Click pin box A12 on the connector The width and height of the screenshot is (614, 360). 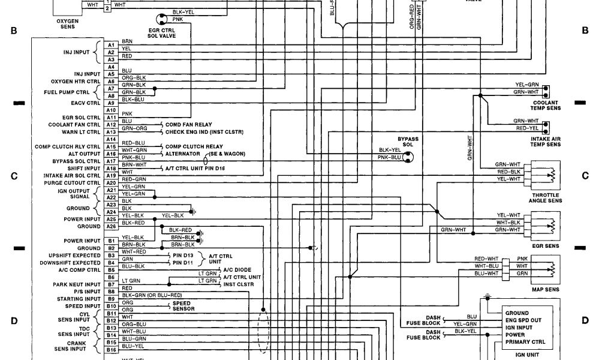pyautogui.click(x=111, y=125)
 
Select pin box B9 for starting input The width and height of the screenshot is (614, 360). pyautogui.click(x=111, y=299)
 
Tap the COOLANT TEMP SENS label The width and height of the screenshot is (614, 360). pyautogui.click(x=546, y=105)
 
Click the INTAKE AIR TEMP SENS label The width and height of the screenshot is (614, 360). pyautogui.click(x=546, y=142)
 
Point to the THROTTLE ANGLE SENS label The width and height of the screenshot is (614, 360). pyautogui.click(x=546, y=199)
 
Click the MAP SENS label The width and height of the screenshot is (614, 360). pyautogui.click(x=546, y=290)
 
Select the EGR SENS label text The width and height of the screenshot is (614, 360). pyautogui.click(x=546, y=246)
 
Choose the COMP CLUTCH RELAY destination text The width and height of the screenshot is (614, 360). pyautogui.click(x=194, y=146)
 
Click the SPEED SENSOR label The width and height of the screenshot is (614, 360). pyautogui.click(x=182, y=306)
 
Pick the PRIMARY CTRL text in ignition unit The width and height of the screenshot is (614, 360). pyautogui.click(x=525, y=342)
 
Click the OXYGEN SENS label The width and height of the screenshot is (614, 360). pyautogui.click(x=68, y=23)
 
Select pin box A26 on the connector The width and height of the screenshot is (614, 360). pyautogui.click(x=111, y=226)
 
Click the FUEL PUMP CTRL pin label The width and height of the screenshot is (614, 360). pyautogui.click(x=67, y=92)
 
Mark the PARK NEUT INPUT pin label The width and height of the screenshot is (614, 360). pyautogui.click(x=76, y=284)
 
